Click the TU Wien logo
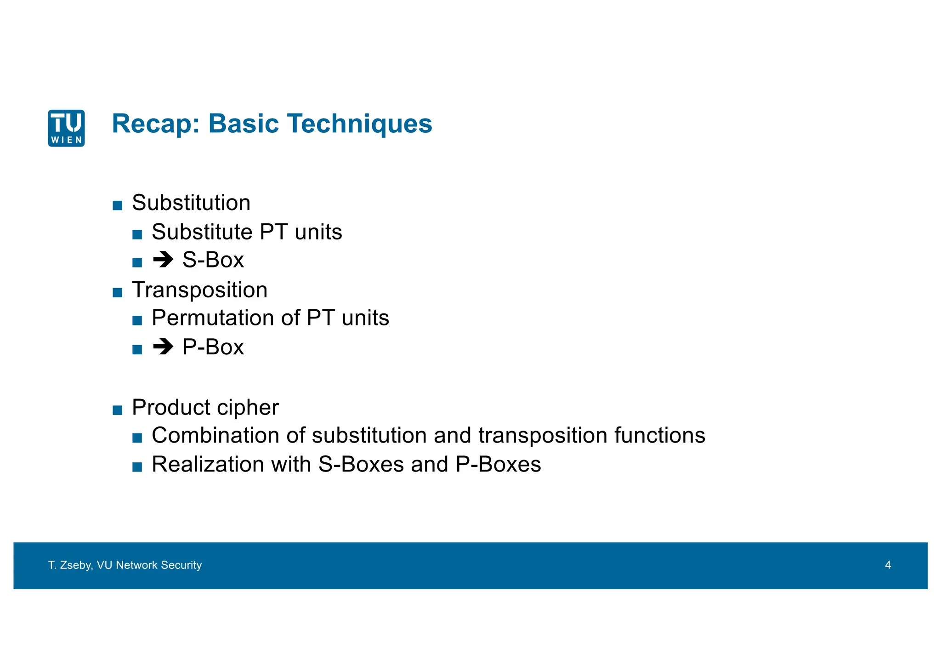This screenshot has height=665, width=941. (66, 128)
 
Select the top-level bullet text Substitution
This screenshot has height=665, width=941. (191, 203)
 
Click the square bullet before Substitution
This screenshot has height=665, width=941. (117, 205)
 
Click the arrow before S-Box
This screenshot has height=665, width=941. (163, 260)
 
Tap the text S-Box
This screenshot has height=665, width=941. (213, 260)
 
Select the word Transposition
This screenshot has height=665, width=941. (199, 290)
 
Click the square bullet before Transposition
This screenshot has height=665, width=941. (117, 293)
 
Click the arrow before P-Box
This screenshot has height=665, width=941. (163, 347)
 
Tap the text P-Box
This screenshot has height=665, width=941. (213, 347)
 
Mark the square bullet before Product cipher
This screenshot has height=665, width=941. (117, 410)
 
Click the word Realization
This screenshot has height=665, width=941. (208, 465)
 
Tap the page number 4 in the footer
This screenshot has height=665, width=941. (888, 565)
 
